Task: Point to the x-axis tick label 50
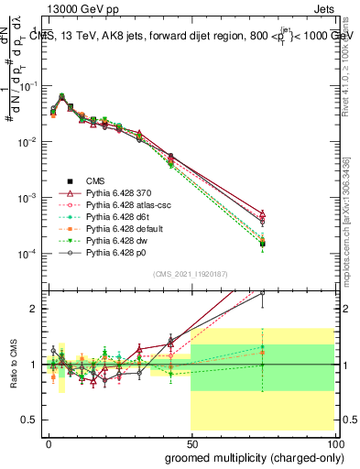coord(192,442)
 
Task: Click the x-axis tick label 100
coord(335,442)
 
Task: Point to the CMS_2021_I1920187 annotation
coord(191,276)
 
